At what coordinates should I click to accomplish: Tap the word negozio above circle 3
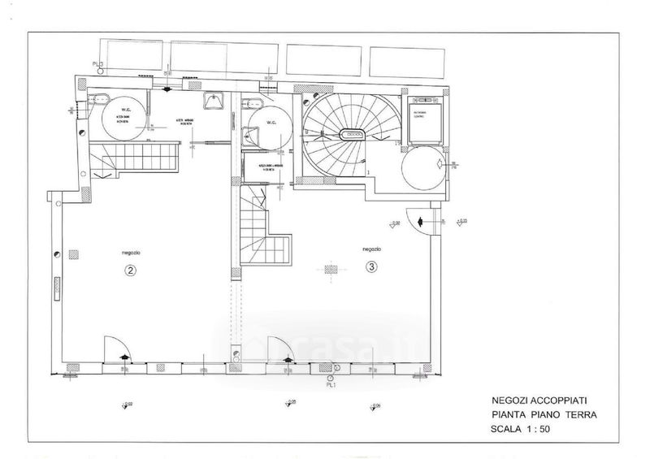[372, 249]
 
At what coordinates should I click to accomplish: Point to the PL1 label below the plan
[331, 386]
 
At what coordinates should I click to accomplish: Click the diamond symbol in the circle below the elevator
[440, 164]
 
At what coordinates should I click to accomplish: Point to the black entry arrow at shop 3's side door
[420, 221]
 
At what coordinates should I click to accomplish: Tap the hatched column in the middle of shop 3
[329, 269]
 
